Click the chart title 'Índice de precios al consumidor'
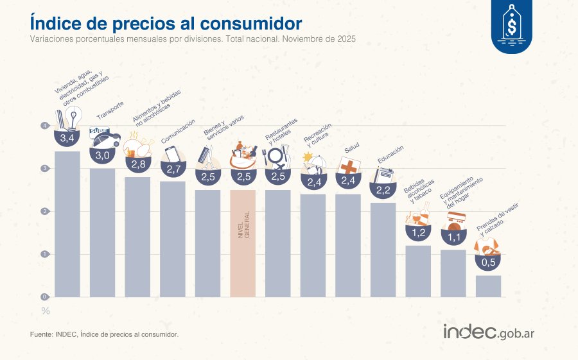pos(166,23)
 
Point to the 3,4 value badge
pos(67,138)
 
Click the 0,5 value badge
pos(488,262)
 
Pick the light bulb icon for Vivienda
pos(73,119)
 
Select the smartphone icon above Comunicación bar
pos(172,155)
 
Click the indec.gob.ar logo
pos(489,332)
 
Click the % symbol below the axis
pos(46,311)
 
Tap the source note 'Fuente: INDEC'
pos(104,334)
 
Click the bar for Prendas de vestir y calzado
pos(488,286)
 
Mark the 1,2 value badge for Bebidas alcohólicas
pos(418,232)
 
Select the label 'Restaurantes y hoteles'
pos(281,130)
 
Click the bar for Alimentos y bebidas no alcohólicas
pos(137,237)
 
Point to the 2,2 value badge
pos(383,190)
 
